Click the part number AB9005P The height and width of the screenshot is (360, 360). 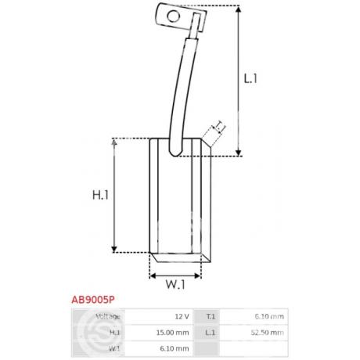(94, 298)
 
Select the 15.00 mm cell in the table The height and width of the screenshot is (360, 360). (173, 333)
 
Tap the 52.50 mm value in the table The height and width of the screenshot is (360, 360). (268, 333)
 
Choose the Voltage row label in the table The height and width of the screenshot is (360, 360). (107, 316)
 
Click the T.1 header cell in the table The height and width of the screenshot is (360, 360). (210, 316)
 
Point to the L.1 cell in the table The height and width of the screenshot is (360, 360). (210, 333)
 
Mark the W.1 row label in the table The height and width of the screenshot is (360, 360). (113, 348)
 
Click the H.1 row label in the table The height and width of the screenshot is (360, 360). (113, 333)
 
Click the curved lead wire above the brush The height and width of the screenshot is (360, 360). (183, 86)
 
